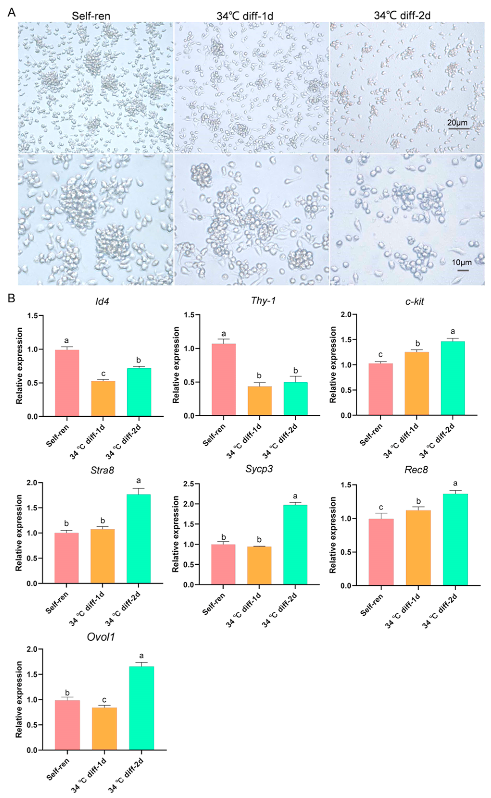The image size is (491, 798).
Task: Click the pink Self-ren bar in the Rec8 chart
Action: tap(381, 552)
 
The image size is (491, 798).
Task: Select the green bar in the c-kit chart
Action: tap(453, 378)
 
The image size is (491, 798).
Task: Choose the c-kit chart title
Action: tap(415, 301)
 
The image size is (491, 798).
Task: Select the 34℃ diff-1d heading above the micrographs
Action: tap(245, 16)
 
